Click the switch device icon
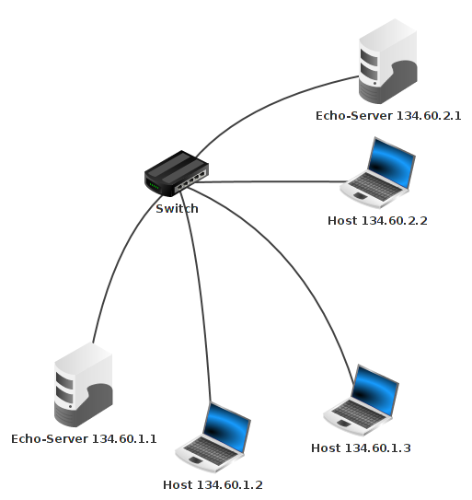pos(176,173)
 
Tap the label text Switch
pos(177,209)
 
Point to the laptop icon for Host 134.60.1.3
pos(363,401)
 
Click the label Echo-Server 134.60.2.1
pos(387,116)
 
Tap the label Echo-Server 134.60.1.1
pos(84,438)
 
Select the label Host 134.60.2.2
pos(377,221)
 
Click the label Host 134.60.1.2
pos(218,484)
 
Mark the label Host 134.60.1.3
pos(361,448)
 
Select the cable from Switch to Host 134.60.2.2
pos(276,181)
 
